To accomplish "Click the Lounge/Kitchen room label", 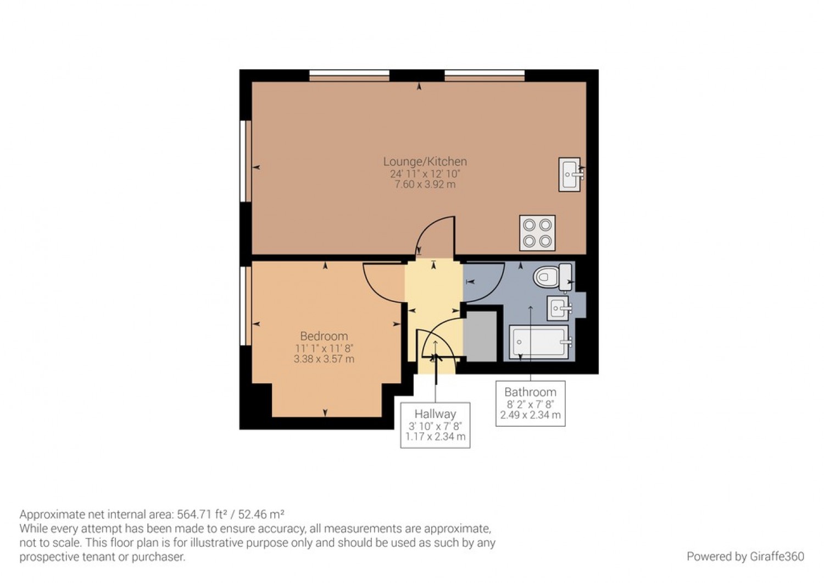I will point(425,162).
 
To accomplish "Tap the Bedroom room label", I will point(324,336).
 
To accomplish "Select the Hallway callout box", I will point(435,425).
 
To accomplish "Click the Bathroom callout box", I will point(530,403).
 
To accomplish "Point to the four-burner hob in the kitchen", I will point(537,233).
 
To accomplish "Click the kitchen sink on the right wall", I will point(570,174).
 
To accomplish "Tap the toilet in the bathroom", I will point(552,277).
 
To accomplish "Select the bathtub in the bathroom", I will point(539,342).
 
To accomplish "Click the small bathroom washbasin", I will point(558,308).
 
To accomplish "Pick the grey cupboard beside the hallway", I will point(481,337).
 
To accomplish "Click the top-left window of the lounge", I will point(349,75).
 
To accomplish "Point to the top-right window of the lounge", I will point(485,75).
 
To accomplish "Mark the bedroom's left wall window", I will point(246,305).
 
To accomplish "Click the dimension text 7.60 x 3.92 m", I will point(425,184).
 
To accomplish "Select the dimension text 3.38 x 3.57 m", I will point(324,359).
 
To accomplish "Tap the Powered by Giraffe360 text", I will point(745,557).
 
